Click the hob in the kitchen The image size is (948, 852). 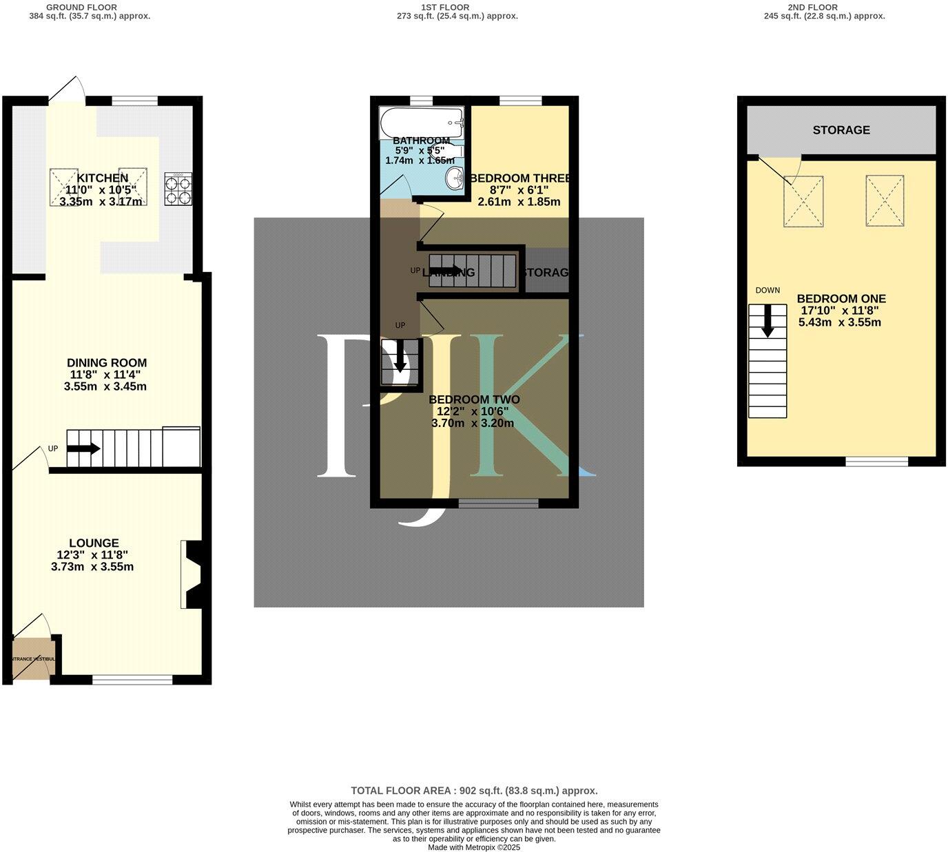(x=178, y=188)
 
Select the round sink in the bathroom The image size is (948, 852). (x=455, y=178)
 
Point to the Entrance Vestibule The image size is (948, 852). (x=32, y=658)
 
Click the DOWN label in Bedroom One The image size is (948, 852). (x=767, y=291)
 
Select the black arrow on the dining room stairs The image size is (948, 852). (x=83, y=449)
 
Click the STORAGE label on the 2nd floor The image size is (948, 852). (x=841, y=130)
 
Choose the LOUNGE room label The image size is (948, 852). (x=94, y=543)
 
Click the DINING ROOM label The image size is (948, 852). (x=107, y=363)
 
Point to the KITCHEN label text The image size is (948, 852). (x=103, y=178)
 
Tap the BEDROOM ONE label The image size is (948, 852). (x=841, y=299)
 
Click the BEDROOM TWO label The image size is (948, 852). (x=474, y=399)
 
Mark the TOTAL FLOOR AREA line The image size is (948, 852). (x=474, y=791)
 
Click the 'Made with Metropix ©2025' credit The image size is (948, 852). (x=474, y=848)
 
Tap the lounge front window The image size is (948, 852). (x=132, y=680)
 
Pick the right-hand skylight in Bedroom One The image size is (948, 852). (x=885, y=200)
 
